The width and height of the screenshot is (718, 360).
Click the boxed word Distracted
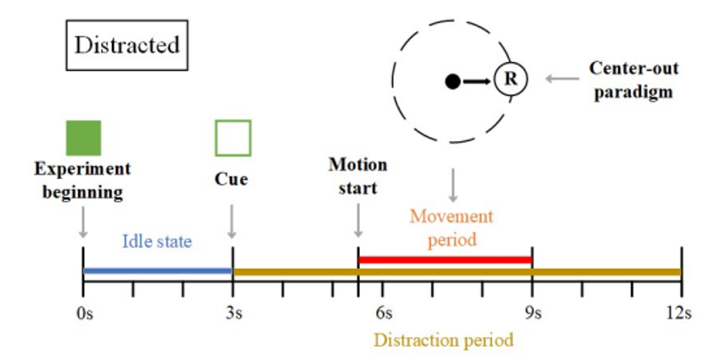tap(127, 45)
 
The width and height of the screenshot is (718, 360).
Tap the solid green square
tap(83, 137)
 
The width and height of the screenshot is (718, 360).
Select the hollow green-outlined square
tap(233, 137)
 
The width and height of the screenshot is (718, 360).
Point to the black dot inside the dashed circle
tap(453, 82)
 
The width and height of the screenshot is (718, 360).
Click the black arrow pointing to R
tap(477, 82)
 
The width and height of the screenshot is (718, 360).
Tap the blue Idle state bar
tap(157, 270)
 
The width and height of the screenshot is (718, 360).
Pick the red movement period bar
tap(444, 260)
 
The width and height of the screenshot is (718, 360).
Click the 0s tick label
tap(82, 312)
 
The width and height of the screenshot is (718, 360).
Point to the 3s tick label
tap(233, 312)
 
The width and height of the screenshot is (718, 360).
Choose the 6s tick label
tap(384, 312)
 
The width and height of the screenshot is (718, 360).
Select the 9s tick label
tap(532, 312)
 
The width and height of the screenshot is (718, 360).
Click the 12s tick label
tap(681, 312)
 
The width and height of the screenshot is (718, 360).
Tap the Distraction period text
tap(443, 340)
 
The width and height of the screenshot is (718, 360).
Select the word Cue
tap(232, 179)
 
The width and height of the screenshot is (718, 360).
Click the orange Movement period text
tap(451, 228)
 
